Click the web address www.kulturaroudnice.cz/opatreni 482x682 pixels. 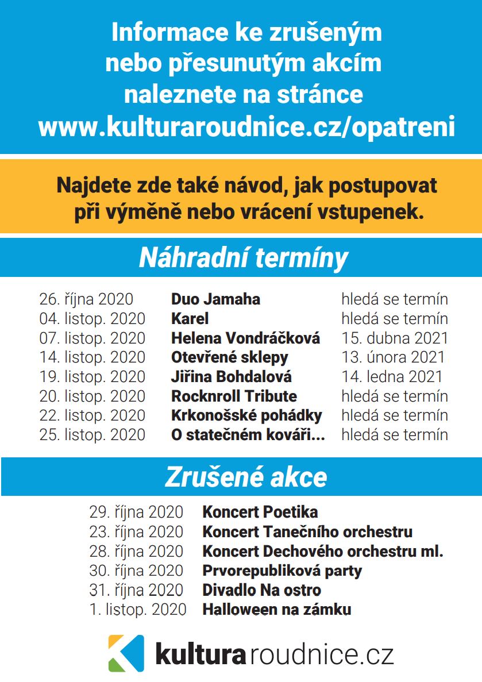[x=246, y=126]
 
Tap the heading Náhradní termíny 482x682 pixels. [x=244, y=259]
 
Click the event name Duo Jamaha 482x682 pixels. [x=215, y=299]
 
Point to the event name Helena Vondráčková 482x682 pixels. [x=245, y=338]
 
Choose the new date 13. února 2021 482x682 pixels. [x=393, y=357]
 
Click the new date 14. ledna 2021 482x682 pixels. [x=392, y=377]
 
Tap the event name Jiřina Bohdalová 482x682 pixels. [x=232, y=377]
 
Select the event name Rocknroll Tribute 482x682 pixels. [x=234, y=396]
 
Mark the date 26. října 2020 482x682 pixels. [x=86, y=299]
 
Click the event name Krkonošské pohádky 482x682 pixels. [x=246, y=415]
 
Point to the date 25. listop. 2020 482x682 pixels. [x=92, y=435]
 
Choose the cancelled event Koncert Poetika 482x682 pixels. [x=260, y=512]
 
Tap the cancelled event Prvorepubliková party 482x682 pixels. [x=282, y=571]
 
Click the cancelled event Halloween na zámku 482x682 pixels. [x=276, y=610]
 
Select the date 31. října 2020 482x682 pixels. [x=136, y=590]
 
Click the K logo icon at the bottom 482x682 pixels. [x=126, y=653]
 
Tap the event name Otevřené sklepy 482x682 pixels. [x=230, y=357]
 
